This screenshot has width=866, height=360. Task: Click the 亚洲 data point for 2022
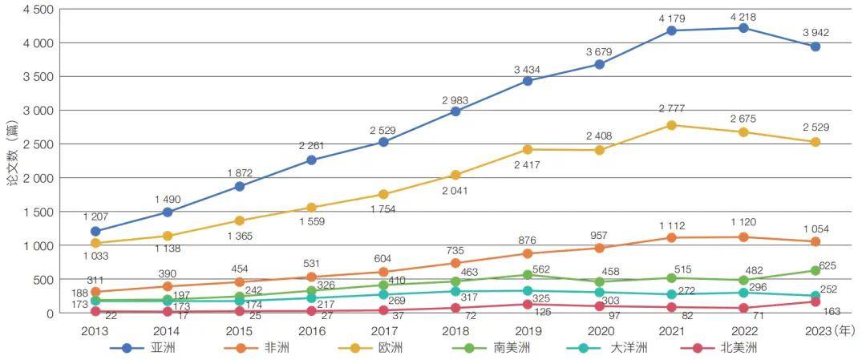click(743, 28)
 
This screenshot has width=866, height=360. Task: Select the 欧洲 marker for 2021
click(671, 125)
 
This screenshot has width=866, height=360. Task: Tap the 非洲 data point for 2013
click(96, 292)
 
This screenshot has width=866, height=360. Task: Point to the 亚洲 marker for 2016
click(312, 160)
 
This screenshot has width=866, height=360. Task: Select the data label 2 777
click(671, 109)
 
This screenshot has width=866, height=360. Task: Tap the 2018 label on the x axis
click(455, 330)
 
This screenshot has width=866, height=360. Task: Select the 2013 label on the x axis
click(96, 330)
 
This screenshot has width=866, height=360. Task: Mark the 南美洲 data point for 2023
click(815, 271)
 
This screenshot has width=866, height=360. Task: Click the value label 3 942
click(815, 33)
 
